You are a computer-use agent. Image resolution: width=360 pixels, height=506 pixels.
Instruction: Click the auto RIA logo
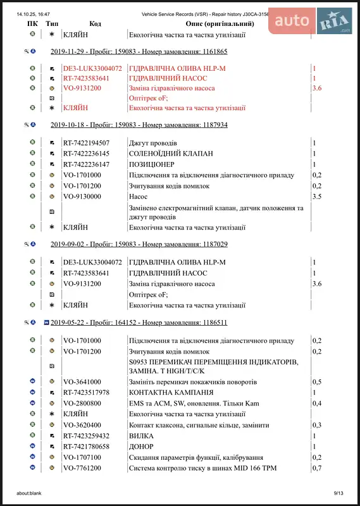tap(309, 21)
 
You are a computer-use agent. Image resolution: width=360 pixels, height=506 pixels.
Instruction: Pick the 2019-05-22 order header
tap(139, 322)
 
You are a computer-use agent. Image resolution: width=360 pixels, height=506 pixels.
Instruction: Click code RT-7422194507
tap(86, 143)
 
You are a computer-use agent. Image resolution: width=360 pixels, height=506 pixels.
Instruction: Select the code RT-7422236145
tap(86, 154)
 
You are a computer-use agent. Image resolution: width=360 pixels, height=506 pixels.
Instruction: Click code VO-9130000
tap(82, 197)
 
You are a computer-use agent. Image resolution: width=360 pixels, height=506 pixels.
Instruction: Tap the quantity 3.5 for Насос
tap(317, 197)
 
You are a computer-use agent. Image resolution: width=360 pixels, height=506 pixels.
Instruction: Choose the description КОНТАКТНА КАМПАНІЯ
tap(170, 393)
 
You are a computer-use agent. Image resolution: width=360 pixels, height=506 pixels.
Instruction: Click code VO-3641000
tap(82, 382)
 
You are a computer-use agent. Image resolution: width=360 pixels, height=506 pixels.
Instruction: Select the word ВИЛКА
tap(140, 436)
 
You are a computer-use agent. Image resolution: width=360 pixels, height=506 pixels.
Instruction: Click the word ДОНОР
tap(140, 447)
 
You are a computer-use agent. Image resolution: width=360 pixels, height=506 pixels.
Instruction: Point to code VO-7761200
tap(82, 468)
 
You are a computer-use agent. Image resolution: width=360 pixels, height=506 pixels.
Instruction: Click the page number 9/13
tap(338, 493)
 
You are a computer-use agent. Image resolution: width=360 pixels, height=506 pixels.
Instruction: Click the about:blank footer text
tap(30, 493)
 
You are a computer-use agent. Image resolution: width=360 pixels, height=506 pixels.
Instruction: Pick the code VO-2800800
tap(82, 404)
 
